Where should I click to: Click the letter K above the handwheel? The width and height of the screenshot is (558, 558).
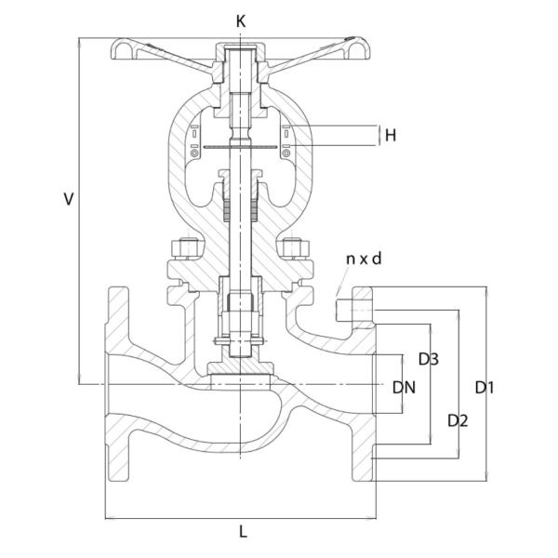point(242,20)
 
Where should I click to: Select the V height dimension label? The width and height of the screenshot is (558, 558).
point(67,199)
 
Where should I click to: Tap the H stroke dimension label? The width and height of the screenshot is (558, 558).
point(391,136)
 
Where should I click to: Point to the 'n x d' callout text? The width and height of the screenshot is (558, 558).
point(364,259)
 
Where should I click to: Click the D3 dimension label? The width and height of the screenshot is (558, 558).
point(429,358)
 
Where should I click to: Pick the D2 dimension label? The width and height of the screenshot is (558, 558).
point(457,420)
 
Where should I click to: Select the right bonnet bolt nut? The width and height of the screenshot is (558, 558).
point(296,249)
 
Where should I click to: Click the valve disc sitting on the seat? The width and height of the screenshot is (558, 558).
point(241,379)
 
